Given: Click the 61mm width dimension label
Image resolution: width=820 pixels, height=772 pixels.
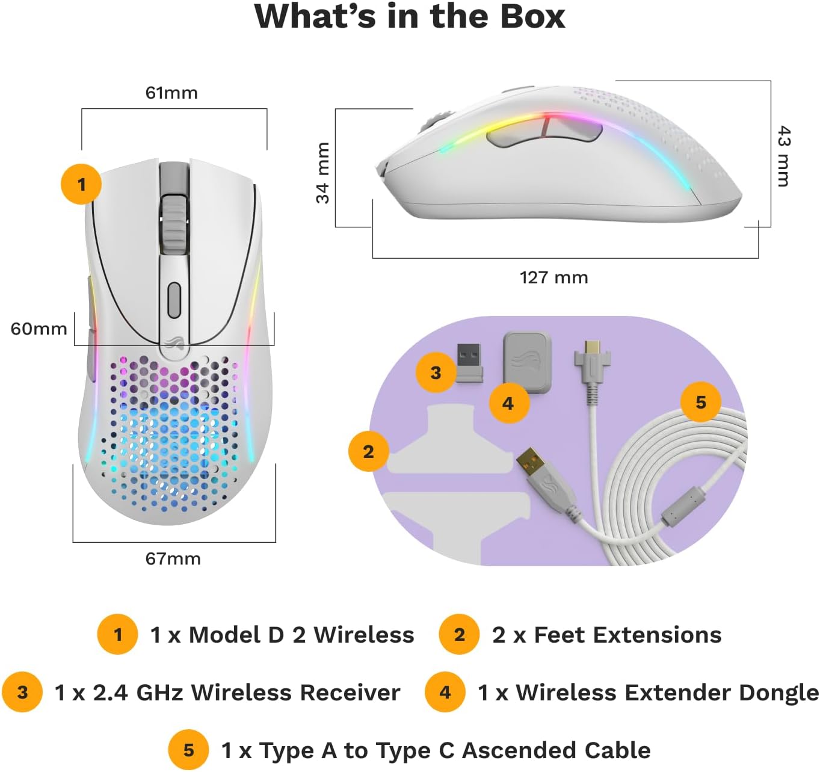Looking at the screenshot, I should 171,93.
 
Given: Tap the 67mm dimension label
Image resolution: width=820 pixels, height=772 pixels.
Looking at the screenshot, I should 173,558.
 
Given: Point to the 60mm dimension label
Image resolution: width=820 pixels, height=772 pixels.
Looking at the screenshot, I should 39,329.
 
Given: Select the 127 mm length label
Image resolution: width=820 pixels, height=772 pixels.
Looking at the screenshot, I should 553,277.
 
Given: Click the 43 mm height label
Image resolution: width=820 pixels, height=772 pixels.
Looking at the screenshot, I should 783,156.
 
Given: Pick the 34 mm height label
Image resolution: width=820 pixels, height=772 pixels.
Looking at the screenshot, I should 323,173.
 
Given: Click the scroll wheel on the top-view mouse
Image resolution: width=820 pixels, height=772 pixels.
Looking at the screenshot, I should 173,225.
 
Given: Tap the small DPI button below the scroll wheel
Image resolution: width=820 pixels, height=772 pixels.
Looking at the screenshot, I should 174,300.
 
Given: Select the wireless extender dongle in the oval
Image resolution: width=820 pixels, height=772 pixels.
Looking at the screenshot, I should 526,362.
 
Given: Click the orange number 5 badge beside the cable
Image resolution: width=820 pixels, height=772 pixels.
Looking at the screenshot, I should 701,401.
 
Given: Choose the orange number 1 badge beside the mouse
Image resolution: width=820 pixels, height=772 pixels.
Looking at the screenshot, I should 81,184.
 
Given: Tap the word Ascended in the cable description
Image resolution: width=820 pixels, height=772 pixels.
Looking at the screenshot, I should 519,750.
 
